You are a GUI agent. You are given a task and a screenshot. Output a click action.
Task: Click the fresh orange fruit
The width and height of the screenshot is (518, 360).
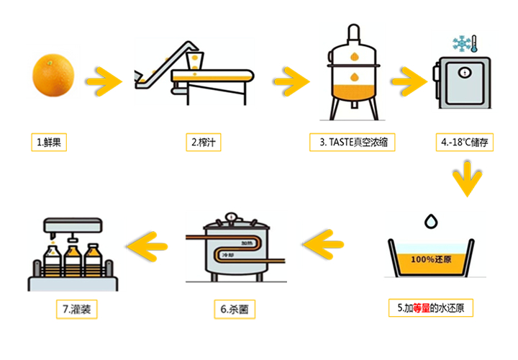(x=53, y=76)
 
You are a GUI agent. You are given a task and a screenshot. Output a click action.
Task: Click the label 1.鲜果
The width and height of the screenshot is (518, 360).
(x=49, y=142)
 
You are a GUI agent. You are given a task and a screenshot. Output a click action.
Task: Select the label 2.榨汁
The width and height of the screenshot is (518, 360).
(x=204, y=142)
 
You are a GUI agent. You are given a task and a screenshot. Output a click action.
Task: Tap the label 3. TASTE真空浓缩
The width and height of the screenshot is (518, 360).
(x=352, y=142)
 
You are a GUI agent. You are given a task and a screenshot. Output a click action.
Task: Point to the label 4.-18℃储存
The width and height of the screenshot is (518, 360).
(x=465, y=142)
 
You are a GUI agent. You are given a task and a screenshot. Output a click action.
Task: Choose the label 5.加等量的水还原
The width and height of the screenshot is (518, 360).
(x=431, y=307)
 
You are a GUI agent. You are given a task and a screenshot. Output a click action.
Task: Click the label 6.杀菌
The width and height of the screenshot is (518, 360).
(x=235, y=309)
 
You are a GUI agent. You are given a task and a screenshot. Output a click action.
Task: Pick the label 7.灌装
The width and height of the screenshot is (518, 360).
(x=77, y=309)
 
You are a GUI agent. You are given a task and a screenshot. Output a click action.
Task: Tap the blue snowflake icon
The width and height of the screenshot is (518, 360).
(x=461, y=44)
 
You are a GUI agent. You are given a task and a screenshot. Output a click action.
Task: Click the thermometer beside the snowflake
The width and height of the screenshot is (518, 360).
(x=474, y=44)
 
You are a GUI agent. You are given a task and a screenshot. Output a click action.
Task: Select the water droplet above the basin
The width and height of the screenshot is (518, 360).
(x=431, y=221)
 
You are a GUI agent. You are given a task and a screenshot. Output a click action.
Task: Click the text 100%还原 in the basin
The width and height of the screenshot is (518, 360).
(x=431, y=259)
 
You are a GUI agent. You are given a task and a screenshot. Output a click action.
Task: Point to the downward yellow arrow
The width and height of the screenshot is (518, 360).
(x=467, y=179)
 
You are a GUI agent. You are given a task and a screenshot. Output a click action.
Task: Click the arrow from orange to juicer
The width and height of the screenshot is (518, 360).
(x=104, y=81)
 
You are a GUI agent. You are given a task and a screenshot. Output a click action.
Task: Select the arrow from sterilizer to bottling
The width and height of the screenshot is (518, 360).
(x=147, y=246)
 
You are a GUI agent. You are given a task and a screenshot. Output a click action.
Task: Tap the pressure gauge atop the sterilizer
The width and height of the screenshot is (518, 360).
(x=231, y=217)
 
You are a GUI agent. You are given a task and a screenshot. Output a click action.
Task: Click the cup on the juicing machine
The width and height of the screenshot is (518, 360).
(x=194, y=60)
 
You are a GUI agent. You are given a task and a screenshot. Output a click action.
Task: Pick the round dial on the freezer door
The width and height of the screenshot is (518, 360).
(x=465, y=73)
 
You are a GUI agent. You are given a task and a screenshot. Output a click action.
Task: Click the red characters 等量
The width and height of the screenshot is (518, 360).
(x=421, y=308)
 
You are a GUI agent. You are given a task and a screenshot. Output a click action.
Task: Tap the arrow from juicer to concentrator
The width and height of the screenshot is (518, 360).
(x=291, y=81)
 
